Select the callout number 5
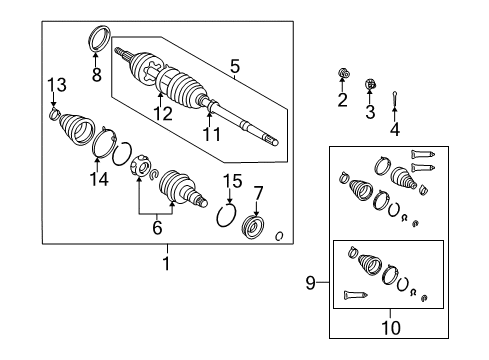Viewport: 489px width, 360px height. [234, 67]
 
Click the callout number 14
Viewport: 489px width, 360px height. [98, 180]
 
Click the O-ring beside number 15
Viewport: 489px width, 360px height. [226, 216]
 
